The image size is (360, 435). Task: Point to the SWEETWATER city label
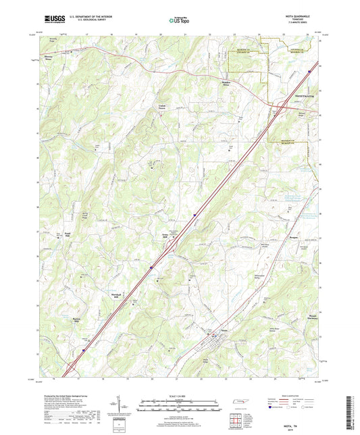(303, 97)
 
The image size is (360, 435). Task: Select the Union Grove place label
(161, 107)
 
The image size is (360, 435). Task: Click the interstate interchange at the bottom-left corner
(70, 369)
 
